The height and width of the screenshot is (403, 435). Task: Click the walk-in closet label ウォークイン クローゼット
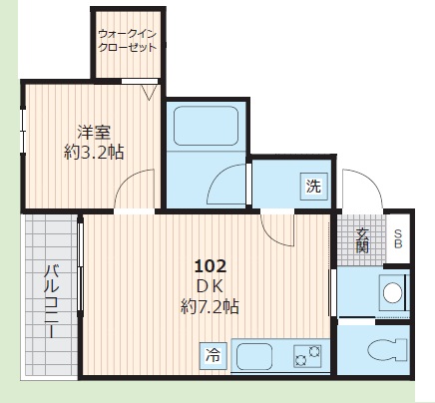click(128, 41)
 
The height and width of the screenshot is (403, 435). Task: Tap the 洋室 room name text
click(94, 133)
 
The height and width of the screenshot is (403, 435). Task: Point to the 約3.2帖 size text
click(94, 153)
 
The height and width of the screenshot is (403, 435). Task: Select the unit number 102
click(211, 266)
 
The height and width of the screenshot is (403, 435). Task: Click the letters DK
click(211, 286)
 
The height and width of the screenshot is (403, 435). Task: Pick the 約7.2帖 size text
click(210, 307)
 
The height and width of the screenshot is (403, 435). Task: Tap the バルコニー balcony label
click(52, 301)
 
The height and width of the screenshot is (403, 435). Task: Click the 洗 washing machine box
click(313, 186)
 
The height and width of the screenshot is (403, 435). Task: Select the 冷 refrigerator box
click(214, 355)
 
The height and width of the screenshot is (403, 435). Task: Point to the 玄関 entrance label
click(362, 240)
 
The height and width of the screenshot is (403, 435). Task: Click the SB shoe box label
click(398, 239)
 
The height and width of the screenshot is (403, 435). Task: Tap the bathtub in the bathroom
click(207, 126)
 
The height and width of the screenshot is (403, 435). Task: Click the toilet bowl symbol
click(387, 350)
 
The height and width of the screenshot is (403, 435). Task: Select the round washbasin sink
click(393, 292)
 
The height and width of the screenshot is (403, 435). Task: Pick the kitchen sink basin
click(254, 356)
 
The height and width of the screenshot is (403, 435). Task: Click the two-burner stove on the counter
click(307, 356)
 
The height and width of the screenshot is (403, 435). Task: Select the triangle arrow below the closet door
click(149, 92)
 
